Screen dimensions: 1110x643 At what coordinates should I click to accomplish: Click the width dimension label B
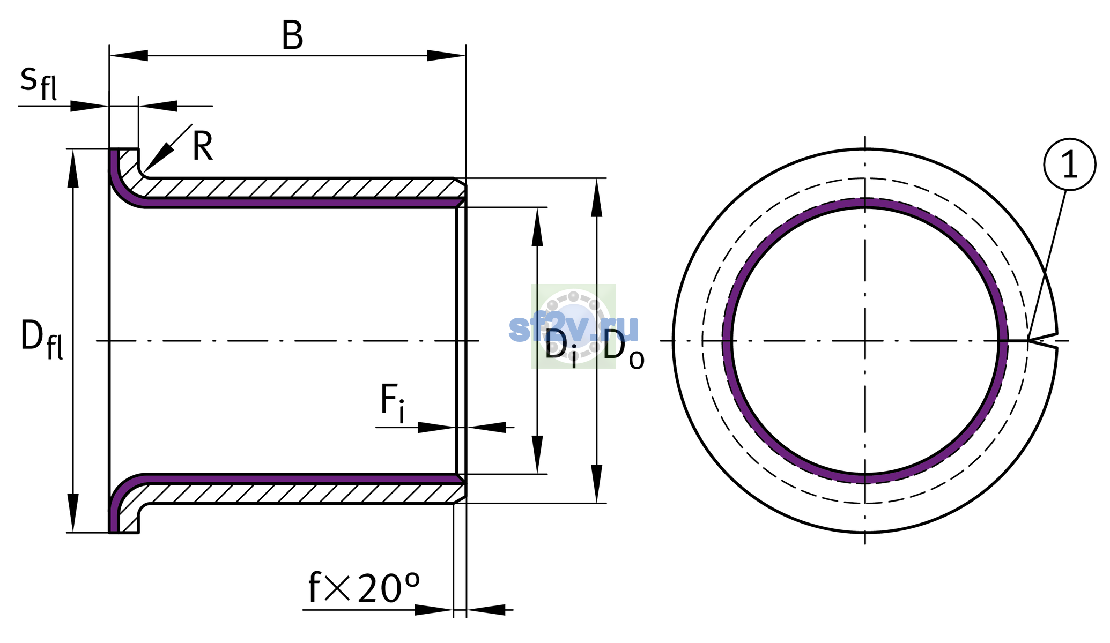[x=292, y=36]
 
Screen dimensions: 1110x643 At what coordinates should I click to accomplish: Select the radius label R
[x=203, y=146]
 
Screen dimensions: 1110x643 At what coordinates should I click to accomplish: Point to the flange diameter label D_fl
[x=42, y=340]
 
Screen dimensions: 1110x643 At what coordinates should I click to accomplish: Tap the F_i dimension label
[x=392, y=403]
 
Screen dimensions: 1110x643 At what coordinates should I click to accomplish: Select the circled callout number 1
[x=1069, y=165]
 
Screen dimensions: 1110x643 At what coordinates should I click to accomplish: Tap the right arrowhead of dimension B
[x=446, y=55]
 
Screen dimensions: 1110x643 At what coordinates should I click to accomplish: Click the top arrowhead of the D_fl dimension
[x=73, y=168]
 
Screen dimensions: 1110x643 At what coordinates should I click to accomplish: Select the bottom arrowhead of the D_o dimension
[x=597, y=484]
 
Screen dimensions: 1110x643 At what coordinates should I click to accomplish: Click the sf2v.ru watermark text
[x=573, y=327]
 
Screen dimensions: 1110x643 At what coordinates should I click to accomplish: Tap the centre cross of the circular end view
[x=865, y=341]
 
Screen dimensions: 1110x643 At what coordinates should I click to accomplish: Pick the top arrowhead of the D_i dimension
[x=537, y=227]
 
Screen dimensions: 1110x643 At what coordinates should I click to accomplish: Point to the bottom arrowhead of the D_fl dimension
[x=73, y=513]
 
